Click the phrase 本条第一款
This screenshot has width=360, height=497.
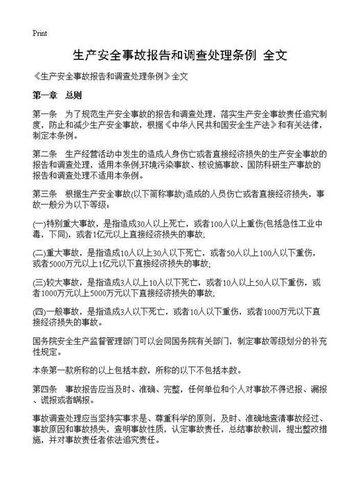[53, 369]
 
